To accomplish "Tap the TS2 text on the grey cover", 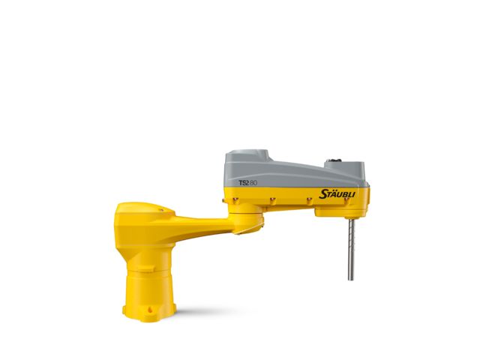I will [x=244, y=181].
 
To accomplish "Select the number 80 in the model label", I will [x=254, y=181].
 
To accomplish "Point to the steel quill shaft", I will [x=350, y=247].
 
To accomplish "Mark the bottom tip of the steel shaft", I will [x=350, y=278].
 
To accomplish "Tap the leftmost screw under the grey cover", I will [x=235, y=199].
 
